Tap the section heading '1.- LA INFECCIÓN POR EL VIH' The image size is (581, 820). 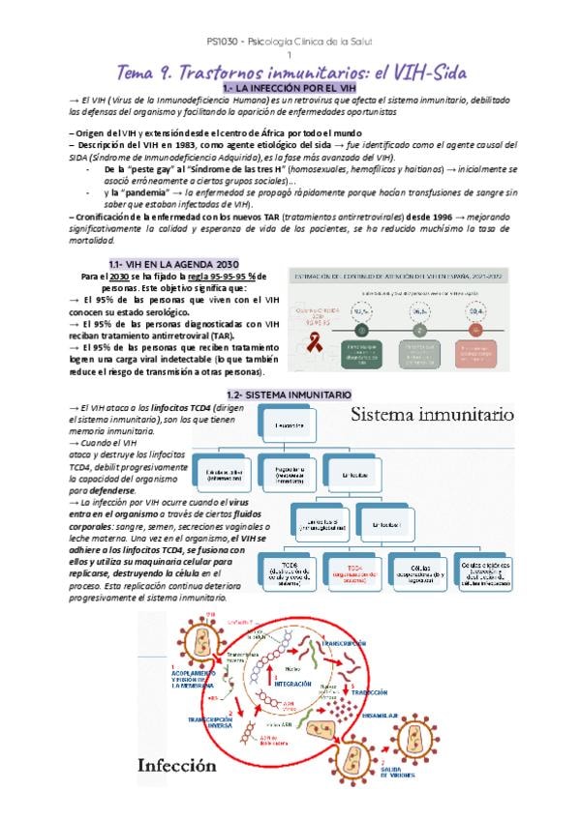pos(290,89)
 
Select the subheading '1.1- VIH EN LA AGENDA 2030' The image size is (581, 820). pos(170,263)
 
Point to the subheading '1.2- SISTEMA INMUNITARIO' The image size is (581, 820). pos(290,395)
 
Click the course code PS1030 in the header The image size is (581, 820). pos(224,43)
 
